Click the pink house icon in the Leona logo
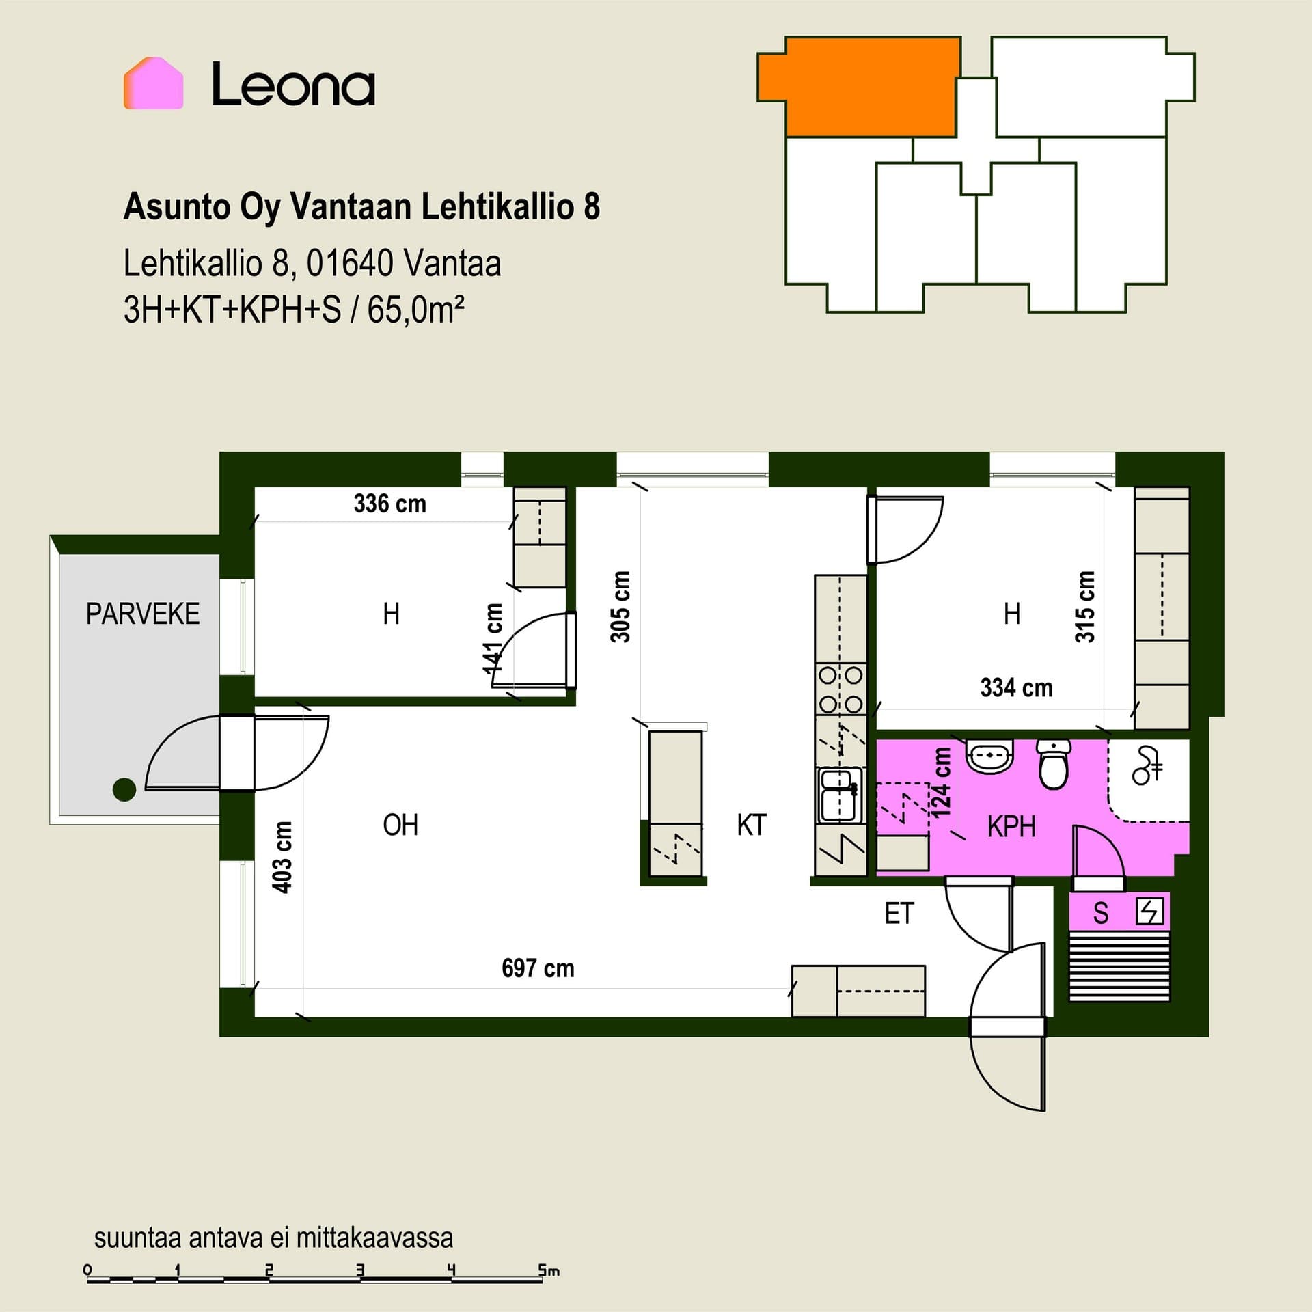coord(154,83)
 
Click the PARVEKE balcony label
coord(143,614)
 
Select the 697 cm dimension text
coord(538,968)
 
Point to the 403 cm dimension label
coord(282,857)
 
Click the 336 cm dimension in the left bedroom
coord(389,504)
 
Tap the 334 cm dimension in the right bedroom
coord(1016,687)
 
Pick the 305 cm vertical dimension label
coord(620,607)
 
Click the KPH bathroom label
coord(1011,827)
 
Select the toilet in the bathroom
coord(1054,764)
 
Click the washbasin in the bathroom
coord(989,756)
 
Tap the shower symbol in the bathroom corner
coord(1147,765)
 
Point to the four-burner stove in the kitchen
coord(840,689)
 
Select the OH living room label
coord(400,825)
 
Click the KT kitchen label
coord(752,825)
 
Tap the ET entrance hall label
coord(899,914)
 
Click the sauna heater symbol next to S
coord(1149,912)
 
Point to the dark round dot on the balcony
coord(124,789)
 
